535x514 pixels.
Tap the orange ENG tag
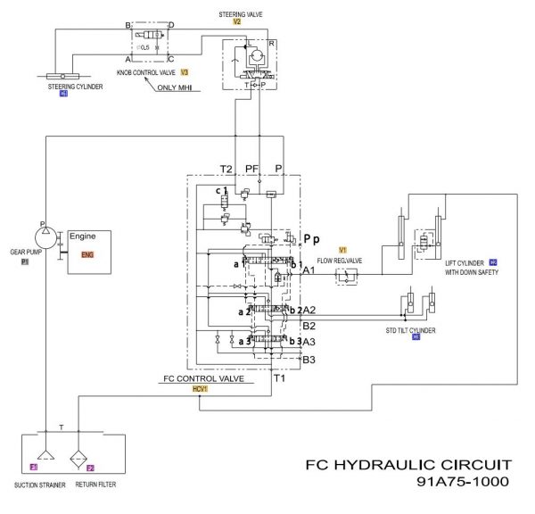pyautogui.click(x=86, y=254)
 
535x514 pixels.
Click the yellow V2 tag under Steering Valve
pyautogui.click(x=237, y=21)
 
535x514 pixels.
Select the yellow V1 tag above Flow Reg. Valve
pyautogui.click(x=342, y=248)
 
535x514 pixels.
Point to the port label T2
pyautogui.click(x=226, y=168)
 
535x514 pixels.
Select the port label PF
pyautogui.click(x=252, y=168)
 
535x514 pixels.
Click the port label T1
pyautogui.click(x=279, y=378)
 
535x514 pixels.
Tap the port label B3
pyautogui.click(x=309, y=360)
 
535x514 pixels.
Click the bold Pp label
pyautogui.click(x=311, y=239)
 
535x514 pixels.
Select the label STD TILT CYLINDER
pyautogui.click(x=408, y=329)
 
